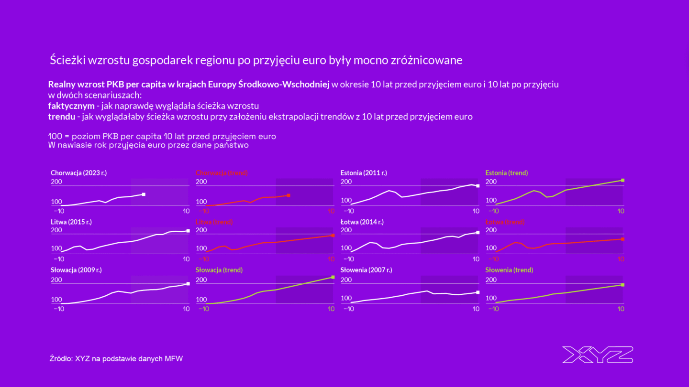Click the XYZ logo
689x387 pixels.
(x=598, y=355)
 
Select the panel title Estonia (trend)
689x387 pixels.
(x=506, y=173)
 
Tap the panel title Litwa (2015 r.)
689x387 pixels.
(x=71, y=222)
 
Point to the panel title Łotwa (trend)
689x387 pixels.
(x=505, y=222)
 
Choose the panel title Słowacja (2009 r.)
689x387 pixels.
(x=76, y=270)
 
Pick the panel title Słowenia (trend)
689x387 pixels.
(x=509, y=270)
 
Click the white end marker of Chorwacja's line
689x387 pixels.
(x=144, y=194)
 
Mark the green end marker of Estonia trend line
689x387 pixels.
(x=622, y=180)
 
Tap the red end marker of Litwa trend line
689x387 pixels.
(x=333, y=235)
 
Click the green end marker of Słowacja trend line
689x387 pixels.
(x=333, y=277)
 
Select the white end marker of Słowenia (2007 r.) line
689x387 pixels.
(x=478, y=292)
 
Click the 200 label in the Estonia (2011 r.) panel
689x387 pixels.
(x=346, y=182)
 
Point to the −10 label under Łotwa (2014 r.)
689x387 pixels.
(x=348, y=259)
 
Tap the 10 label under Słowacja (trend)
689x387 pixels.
(x=331, y=309)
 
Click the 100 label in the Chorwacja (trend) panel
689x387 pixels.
(x=201, y=202)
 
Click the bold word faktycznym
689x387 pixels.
(x=71, y=106)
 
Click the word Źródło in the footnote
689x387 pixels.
(x=60, y=358)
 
